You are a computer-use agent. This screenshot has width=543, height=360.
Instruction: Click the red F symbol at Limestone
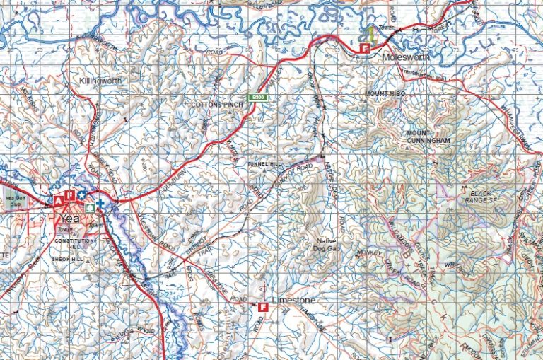(263, 307)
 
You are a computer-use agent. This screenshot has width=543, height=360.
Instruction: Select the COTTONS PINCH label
(217, 105)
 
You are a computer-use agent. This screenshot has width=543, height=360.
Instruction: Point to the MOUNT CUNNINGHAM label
(428, 137)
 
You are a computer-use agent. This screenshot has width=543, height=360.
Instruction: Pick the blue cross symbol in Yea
(100, 205)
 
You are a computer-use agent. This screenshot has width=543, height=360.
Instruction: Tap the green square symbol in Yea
(89, 208)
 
